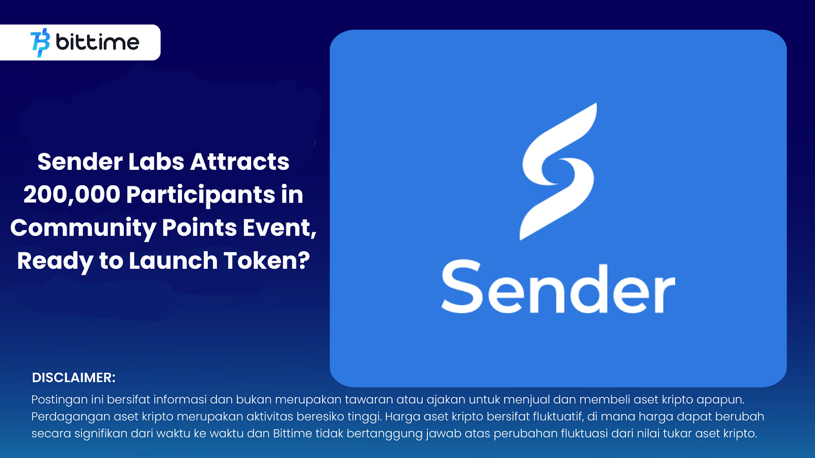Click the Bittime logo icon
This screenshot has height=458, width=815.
(x=40, y=43)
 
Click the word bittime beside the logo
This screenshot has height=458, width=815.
(x=97, y=42)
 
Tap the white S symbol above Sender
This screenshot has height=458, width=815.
(x=558, y=171)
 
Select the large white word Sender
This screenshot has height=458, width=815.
(x=558, y=288)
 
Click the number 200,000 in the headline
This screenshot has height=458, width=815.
(x=72, y=195)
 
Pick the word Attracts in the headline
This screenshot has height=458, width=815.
(x=240, y=162)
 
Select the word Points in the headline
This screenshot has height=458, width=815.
(x=200, y=228)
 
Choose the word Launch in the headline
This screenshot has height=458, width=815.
(x=173, y=261)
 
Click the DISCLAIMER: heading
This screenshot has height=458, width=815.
(x=74, y=378)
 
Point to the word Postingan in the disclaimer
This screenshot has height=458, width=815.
(x=59, y=400)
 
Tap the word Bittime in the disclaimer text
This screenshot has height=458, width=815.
(x=292, y=434)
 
